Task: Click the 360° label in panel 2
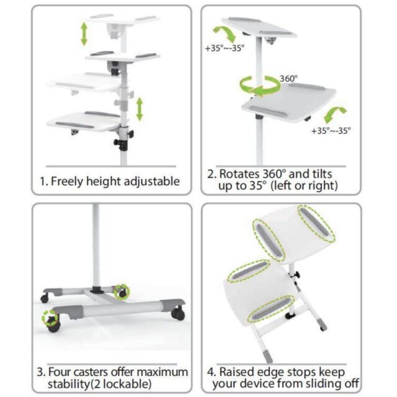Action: (288, 79)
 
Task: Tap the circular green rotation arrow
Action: (259, 87)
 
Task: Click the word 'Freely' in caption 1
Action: (69, 182)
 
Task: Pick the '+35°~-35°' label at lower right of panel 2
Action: (331, 131)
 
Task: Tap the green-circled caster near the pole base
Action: (123, 290)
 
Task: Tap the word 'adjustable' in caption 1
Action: (150, 182)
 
